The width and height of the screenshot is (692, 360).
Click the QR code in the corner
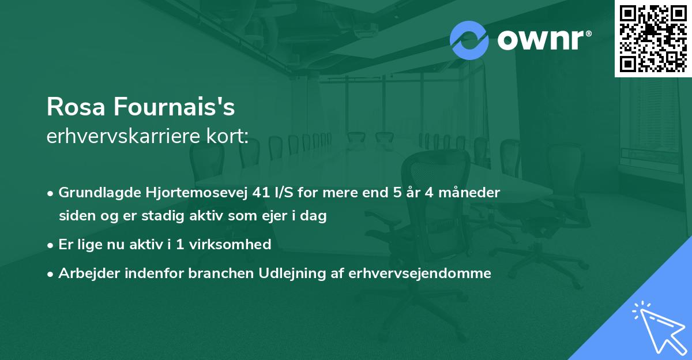click(x=653, y=38)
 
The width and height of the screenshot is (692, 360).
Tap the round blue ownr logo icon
click(x=469, y=40)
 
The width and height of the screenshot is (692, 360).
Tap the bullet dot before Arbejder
click(x=51, y=273)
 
